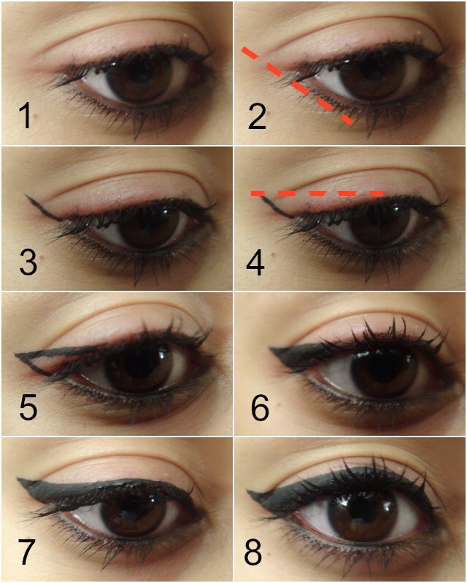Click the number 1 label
pos(25,116)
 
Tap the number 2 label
pos(257,117)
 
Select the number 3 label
pos(28,262)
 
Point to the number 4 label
pos(255,262)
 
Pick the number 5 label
pos(28,408)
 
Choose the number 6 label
pos(260,408)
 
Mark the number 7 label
pos(27,553)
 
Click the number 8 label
pos(253,553)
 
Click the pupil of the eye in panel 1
pos(139,72)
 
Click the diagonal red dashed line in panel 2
pos(297,85)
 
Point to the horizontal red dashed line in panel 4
pos(317,193)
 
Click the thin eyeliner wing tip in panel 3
pos(27,196)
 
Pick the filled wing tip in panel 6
pos(271,350)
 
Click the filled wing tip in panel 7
pos(20,480)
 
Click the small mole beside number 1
pos(36,117)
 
